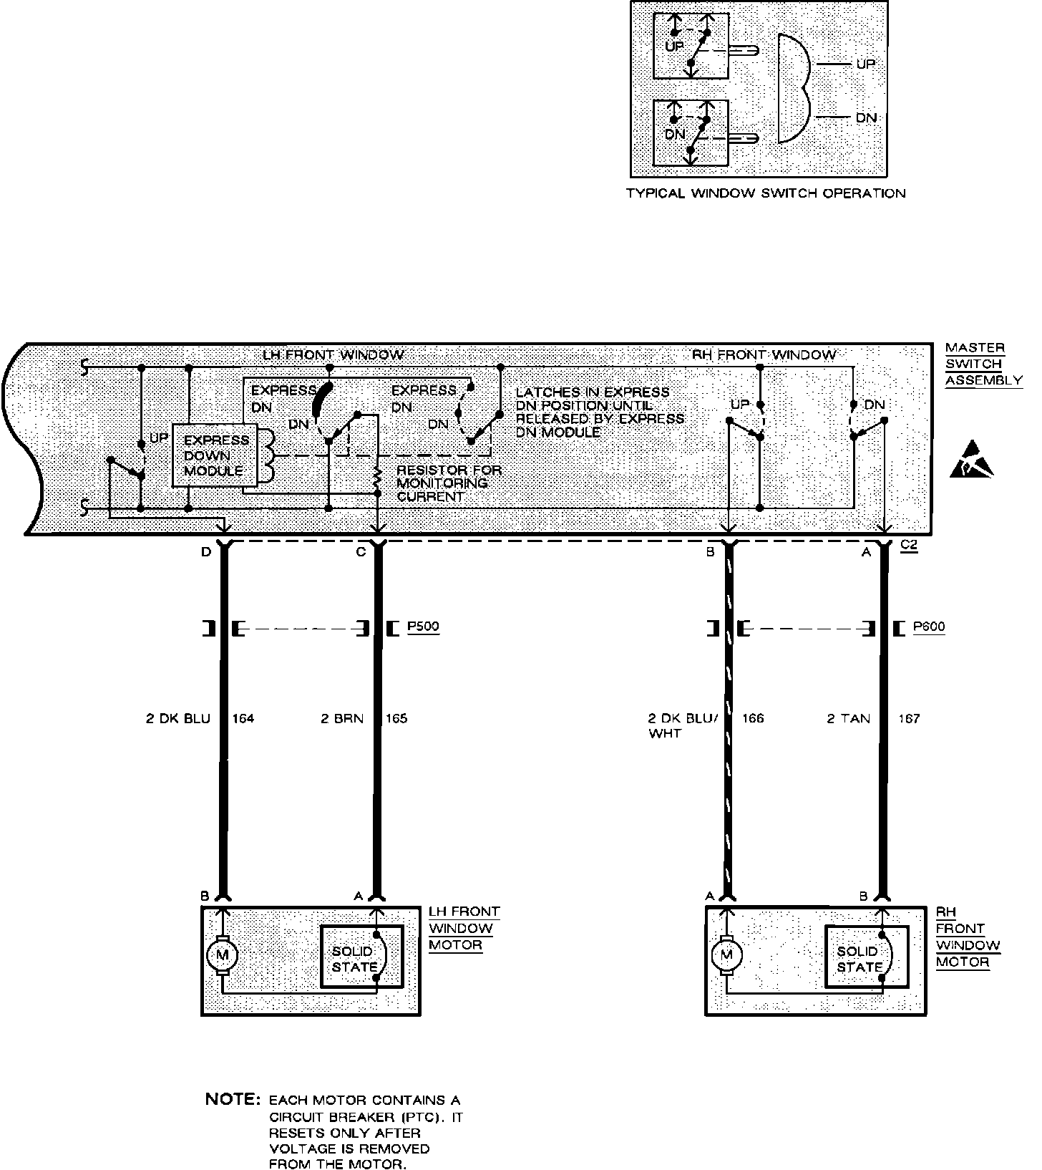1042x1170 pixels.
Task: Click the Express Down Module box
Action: [216, 456]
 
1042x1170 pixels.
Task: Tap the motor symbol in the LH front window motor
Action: [222, 954]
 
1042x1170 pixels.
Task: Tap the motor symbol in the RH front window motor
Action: [727, 954]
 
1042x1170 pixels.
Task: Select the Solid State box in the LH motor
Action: [361, 957]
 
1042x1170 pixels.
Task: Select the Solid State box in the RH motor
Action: [866, 957]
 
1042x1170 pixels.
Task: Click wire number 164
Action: [243, 718]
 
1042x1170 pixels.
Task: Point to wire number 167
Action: [909, 718]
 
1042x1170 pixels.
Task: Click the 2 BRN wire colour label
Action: [342, 718]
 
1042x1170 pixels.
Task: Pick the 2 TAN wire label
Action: [849, 718]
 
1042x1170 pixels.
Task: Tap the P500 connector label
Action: [423, 627]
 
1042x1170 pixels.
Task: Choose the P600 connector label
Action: [929, 627]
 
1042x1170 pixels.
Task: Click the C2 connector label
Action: [908, 545]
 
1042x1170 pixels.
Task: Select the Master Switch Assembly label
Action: [983, 364]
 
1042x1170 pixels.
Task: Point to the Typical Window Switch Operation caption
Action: [765, 193]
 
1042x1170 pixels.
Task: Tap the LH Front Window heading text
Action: [333, 354]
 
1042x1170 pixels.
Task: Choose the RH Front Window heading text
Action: [764, 354]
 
